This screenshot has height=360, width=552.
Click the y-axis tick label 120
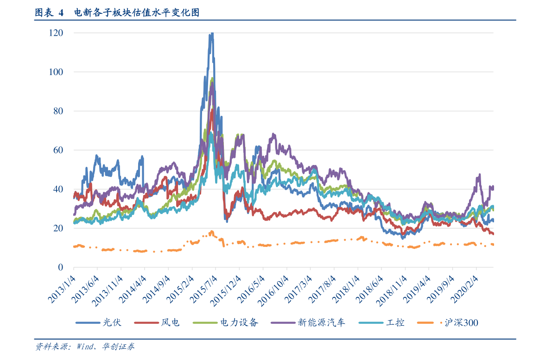[56, 33]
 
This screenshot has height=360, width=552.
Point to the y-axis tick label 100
[56, 72]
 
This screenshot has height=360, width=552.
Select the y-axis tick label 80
[58, 111]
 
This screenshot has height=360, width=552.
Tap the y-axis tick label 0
[61, 267]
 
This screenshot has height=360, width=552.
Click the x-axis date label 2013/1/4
[62, 289]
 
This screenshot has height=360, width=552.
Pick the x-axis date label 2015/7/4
[204, 289]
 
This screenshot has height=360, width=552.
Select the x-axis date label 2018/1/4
[346, 289]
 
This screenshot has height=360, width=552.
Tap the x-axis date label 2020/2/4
[464, 289]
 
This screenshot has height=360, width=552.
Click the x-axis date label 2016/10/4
[273, 291]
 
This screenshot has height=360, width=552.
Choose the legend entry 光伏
[99, 322]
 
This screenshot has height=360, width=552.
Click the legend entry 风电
[157, 322]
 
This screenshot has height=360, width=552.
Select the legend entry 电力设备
[226, 322]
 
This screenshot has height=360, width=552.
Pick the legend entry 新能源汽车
[308, 322]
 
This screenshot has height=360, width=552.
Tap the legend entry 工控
[381, 322]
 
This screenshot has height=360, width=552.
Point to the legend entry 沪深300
[448, 322]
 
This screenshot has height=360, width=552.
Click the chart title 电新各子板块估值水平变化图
[137, 13]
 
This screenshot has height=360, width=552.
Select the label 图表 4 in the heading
[49, 13]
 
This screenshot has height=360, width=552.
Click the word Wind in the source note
[85, 347]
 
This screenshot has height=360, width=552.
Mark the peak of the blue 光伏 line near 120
[211, 33]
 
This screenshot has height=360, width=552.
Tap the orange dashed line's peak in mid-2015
[211, 232]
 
